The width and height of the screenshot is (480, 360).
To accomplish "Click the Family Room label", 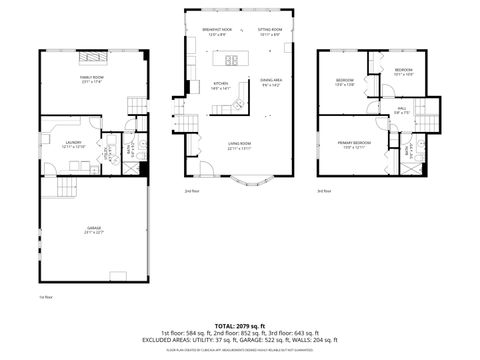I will (x=92, y=79).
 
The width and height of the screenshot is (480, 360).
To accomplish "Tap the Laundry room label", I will (x=74, y=144).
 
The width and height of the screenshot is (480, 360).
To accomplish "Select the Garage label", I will (x=94, y=230).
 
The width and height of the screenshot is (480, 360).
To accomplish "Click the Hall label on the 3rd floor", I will (x=401, y=110).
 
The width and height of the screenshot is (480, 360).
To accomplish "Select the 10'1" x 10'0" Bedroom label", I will (x=403, y=71).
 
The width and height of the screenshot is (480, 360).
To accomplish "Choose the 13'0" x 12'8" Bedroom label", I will (x=345, y=82).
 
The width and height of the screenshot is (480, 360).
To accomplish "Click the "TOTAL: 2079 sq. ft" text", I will (x=240, y=325).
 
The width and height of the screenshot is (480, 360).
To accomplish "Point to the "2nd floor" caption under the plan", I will (x=192, y=190).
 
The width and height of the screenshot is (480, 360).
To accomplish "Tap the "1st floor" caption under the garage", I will (x=45, y=297).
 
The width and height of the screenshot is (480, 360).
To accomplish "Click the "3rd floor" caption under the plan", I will (x=323, y=190).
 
